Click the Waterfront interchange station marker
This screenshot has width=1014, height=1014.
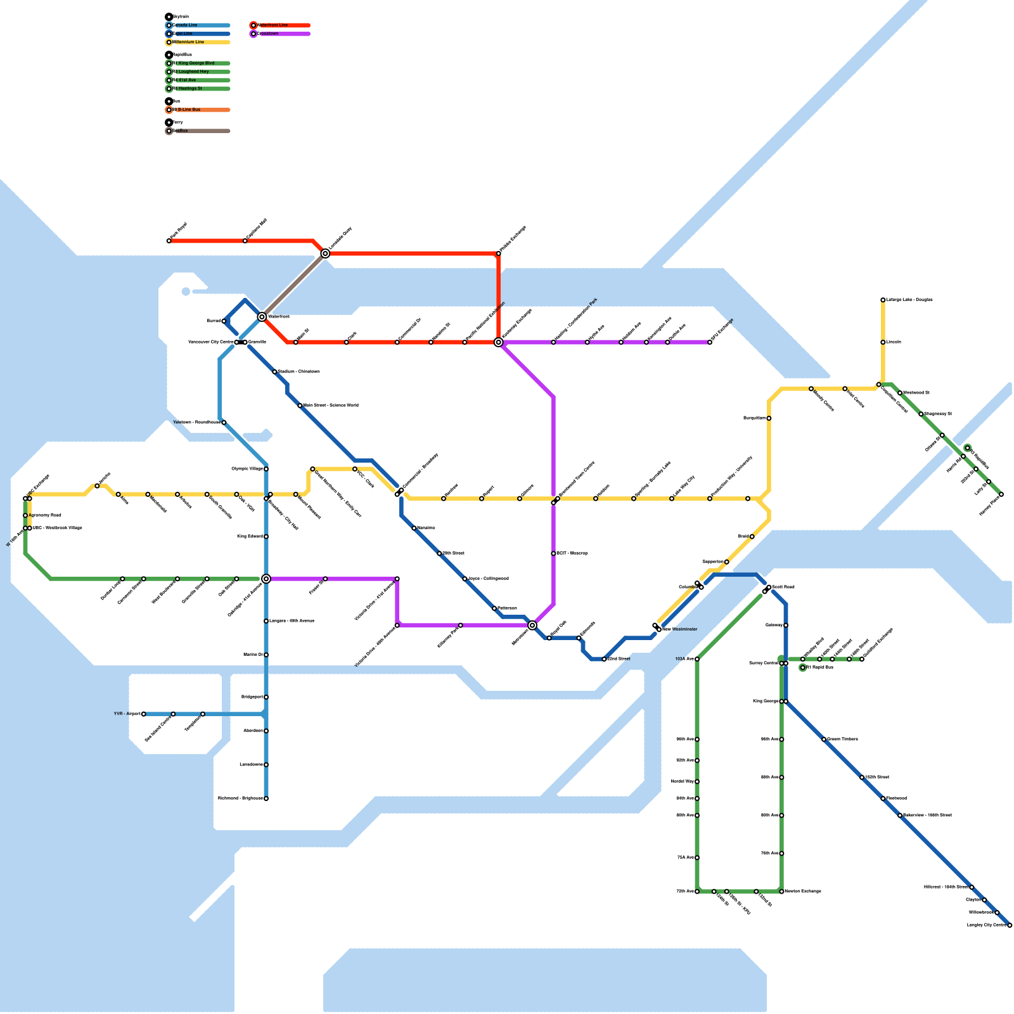[x=262, y=316]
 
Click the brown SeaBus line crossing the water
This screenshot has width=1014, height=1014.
[x=293, y=285]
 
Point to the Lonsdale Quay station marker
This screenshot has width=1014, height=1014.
[x=325, y=253]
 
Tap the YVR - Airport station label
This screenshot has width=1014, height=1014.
[x=127, y=714]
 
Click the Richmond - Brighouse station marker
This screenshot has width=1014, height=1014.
[x=266, y=799]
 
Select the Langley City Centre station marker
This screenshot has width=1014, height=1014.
[x=1010, y=925]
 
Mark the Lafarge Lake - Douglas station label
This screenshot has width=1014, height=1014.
[x=909, y=300]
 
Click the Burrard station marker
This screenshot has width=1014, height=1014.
[x=224, y=321]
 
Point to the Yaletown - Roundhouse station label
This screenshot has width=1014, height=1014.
[x=196, y=422]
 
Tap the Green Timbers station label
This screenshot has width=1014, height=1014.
[x=843, y=739]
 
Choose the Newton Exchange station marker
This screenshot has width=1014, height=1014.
[x=781, y=892]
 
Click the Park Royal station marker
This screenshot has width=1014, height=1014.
[x=169, y=241]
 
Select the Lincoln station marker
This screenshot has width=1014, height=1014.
[x=883, y=342]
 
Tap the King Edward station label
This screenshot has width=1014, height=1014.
[x=250, y=536]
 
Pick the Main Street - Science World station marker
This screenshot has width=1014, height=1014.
[x=300, y=406]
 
